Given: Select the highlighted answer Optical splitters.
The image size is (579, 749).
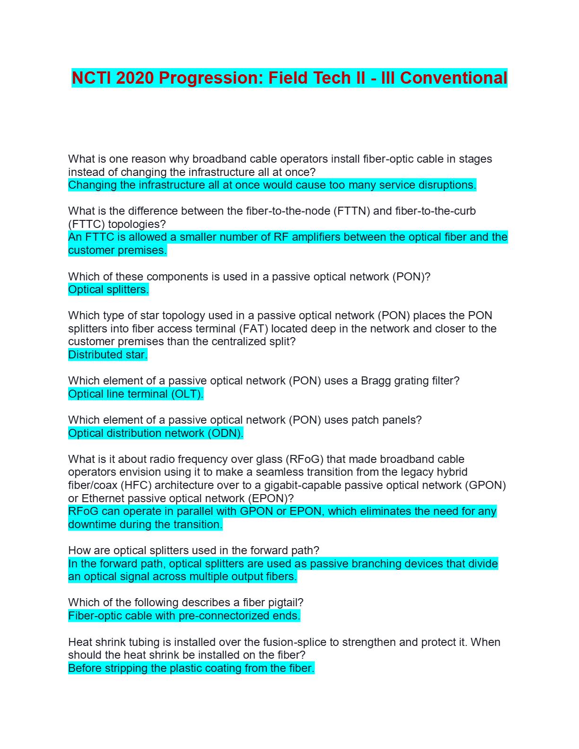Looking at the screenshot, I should coord(108,289).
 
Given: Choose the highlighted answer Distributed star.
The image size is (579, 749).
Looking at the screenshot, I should coord(108,355).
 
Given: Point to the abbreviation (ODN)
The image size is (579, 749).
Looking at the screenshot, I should coord(225,433).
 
